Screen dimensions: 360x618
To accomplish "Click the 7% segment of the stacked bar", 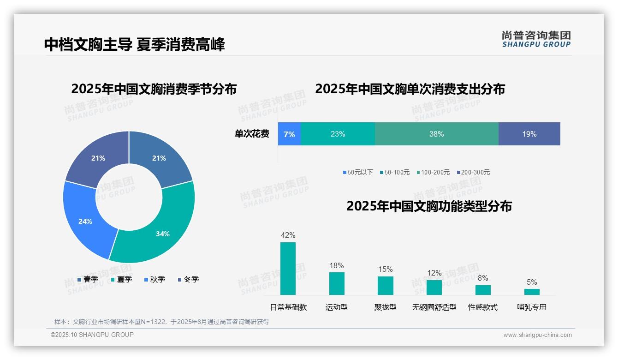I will [x=289, y=134].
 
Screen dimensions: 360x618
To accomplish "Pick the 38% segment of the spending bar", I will [x=436, y=134].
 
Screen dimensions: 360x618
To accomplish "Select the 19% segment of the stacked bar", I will [x=529, y=134].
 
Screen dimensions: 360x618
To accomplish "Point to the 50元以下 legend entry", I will [x=358, y=172].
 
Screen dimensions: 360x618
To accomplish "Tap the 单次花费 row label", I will [x=252, y=134].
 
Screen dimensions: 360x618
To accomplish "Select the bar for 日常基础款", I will [x=288, y=269].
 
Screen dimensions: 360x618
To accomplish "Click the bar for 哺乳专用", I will [x=532, y=292].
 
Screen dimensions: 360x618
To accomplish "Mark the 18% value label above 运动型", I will [x=337, y=265].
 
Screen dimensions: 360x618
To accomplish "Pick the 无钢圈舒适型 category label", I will [x=434, y=307].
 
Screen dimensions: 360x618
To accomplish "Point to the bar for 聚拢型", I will [x=386, y=285].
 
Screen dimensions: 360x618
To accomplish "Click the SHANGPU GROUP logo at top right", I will [x=536, y=39].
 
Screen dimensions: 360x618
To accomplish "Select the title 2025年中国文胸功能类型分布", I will [x=429, y=206].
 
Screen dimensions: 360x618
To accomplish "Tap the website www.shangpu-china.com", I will [x=537, y=335].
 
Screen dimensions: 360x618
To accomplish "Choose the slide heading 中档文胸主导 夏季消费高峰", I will [x=135, y=45].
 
